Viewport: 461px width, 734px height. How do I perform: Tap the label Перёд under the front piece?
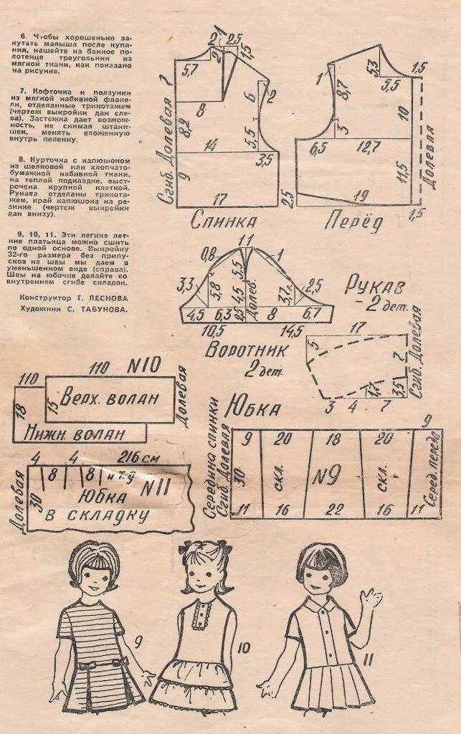(x=353, y=221)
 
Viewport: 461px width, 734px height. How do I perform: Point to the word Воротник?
(x=246, y=351)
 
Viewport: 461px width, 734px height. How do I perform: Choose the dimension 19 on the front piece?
(x=361, y=195)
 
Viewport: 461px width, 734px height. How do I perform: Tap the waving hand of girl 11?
(x=370, y=599)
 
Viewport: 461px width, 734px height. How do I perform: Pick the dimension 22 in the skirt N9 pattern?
(x=333, y=509)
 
